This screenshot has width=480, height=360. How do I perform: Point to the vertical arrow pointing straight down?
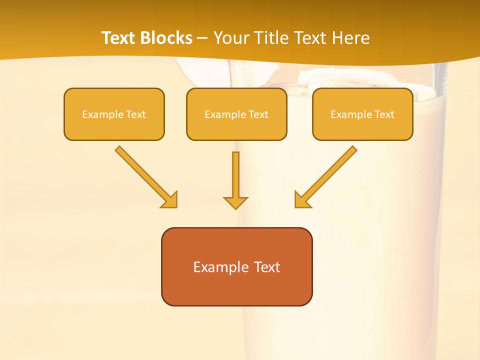pos(235,175)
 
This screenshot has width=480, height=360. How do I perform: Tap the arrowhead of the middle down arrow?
pos(235,202)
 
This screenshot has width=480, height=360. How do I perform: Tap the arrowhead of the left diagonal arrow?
pos(170,200)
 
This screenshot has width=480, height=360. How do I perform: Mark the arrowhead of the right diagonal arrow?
pos(302,200)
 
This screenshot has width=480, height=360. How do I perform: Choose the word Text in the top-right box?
pos(384,114)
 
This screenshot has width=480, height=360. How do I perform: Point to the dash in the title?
pos(202,38)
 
